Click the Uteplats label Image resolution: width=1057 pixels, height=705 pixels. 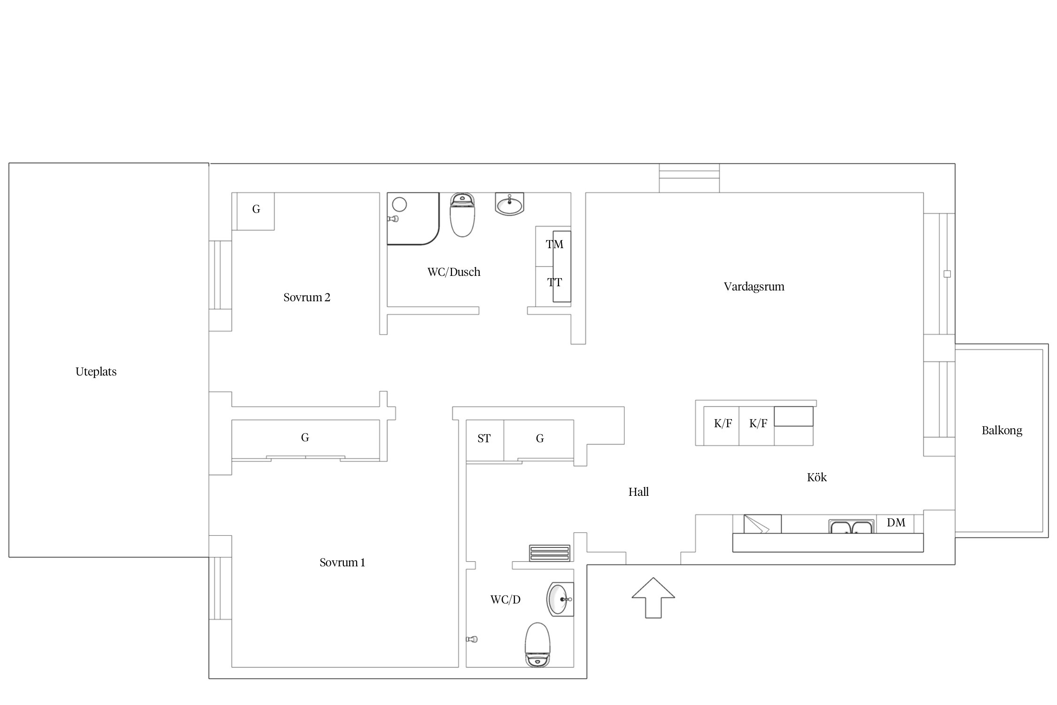click(96, 372)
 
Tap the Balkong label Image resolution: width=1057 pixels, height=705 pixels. click(1002, 431)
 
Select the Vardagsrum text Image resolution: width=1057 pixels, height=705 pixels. click(754, 287)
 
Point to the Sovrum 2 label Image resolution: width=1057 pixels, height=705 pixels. click(307, 298)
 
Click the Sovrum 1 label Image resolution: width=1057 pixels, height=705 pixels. click(342, 563)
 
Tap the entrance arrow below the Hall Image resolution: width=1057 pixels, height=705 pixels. click(653, 597)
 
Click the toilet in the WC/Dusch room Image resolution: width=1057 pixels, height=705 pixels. click(463, 215)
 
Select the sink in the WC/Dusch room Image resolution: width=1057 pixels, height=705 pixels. click(509, 204)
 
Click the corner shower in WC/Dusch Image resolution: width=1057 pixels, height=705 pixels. click(413, 219)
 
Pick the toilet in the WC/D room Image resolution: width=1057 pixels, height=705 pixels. click(537, 645)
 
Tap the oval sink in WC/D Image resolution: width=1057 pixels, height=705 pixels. click(560, 599)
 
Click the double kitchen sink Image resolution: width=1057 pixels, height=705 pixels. click(851, 526)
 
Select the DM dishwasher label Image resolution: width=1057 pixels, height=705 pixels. click(896, 523)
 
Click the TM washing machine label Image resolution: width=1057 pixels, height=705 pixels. click(554, 244)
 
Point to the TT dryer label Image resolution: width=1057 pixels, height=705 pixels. click(554, 282)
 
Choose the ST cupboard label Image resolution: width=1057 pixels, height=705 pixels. click(484, 439)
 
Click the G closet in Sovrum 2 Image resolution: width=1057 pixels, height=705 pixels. click(256, 209)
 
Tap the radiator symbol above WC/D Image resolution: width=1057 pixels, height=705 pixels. click(550, 553)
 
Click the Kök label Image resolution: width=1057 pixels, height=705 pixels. click(816, 478)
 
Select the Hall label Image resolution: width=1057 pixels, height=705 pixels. click(638, 492)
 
